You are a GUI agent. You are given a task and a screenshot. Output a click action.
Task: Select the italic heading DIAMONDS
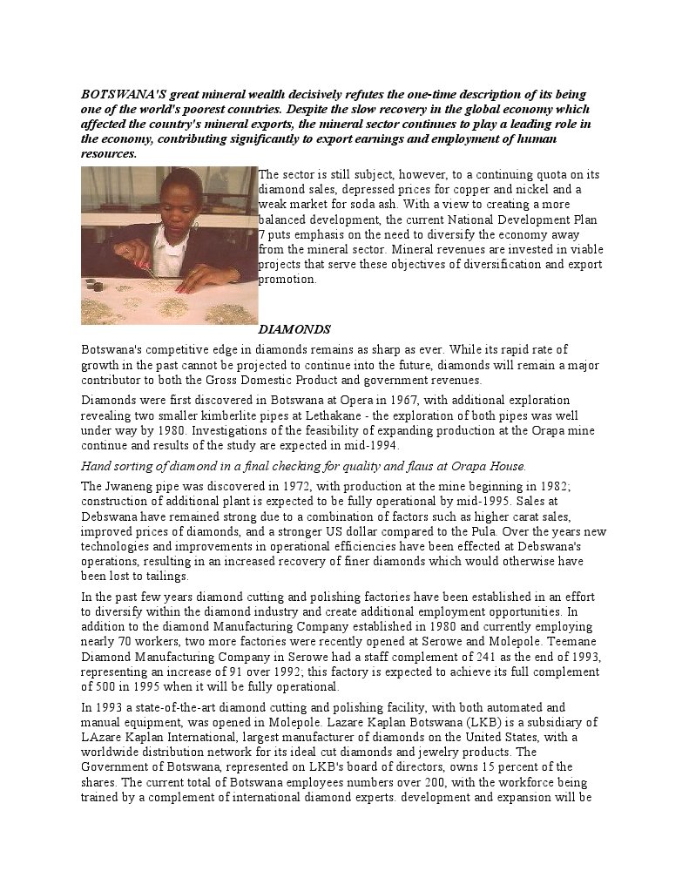(x=294, y=330)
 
